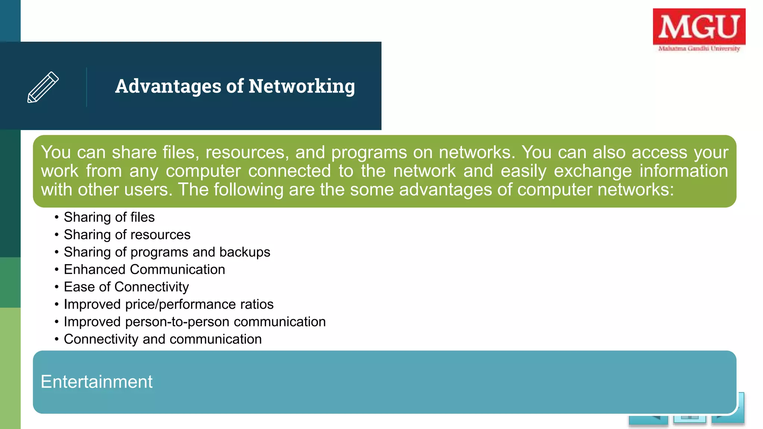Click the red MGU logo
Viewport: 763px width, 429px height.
point(699,26)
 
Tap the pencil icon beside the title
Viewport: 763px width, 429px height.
point(43,87)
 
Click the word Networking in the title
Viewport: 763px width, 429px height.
point(302,86)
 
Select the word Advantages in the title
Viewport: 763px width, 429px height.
point(168,86)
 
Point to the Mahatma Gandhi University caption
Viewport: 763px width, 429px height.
point(699,48)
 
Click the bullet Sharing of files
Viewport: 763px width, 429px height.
point(109,217)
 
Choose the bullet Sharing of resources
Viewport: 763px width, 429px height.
point(127,235)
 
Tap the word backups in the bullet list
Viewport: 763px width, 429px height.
point(245,252)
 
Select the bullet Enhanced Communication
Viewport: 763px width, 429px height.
point(145,269)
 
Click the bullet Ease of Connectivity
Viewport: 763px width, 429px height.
point(126,287)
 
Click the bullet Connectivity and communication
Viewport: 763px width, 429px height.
point(163,339)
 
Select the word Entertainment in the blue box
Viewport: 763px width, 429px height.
point(96,382)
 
